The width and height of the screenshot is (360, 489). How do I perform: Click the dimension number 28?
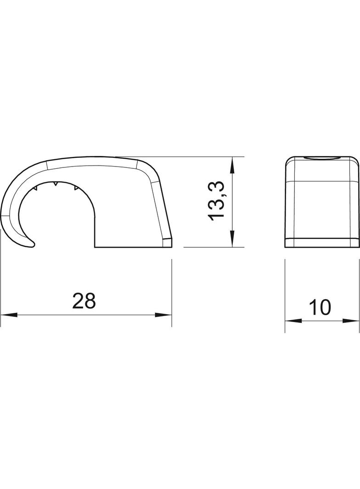point(84,300)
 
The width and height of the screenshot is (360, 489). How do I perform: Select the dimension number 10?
point(320,307)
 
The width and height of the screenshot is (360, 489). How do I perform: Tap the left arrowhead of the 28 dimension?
point(9,315)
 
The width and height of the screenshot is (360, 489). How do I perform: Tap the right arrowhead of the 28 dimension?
point(163,315)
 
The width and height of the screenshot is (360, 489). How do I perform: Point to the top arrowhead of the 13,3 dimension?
point(231,165)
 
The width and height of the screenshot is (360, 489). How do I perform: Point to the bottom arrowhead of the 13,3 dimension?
point(231,239)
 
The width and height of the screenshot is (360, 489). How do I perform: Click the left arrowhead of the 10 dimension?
point(293,321)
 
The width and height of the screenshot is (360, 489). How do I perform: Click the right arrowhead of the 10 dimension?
point(351,321)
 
